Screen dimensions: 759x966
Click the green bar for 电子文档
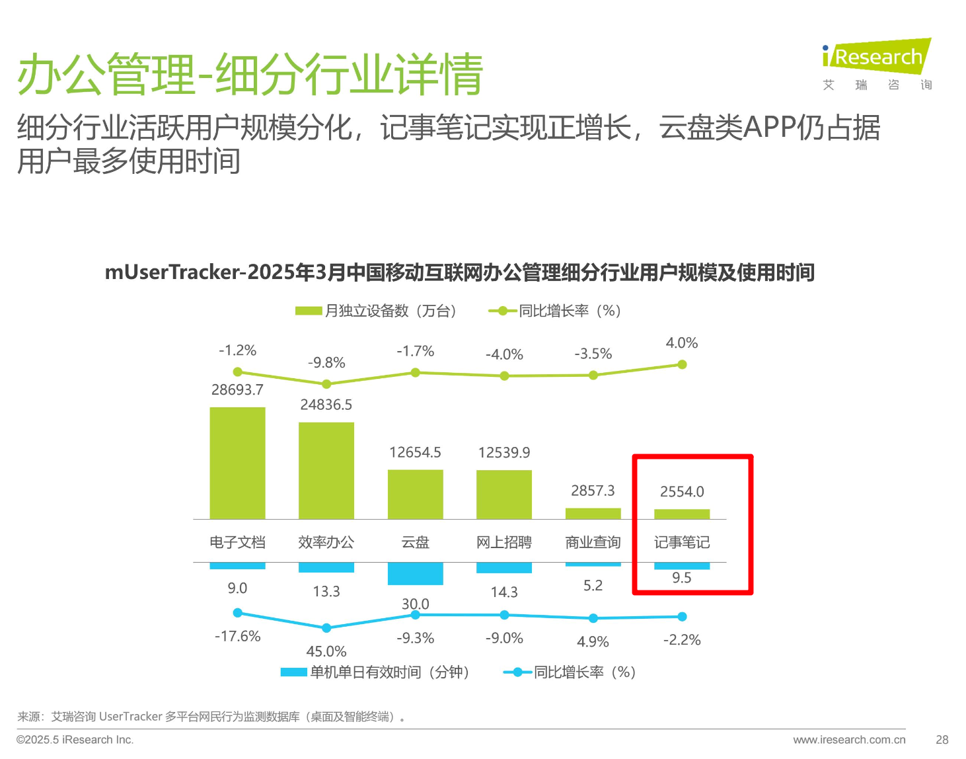tap(237, 463)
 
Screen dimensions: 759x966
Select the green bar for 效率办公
tap(326, 470)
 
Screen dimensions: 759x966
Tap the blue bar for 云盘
tap(415, 573)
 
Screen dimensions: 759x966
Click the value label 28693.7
tap(237, 390)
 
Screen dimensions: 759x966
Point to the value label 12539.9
tap(504, 452)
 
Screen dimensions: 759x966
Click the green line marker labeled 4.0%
tap(682, 364)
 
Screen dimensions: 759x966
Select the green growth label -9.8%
tap(326, 362)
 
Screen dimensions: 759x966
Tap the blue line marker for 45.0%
tap(326, 627)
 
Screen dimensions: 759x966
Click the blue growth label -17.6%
tap(237, 636)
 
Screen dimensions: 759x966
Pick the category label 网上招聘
tap(504, 542)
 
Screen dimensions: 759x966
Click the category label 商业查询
tap(593, 542)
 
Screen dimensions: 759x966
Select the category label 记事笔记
tap(682, 542)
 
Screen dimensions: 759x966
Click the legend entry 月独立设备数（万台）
tap(376, 311)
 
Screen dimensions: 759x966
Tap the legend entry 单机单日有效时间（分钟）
tap(375, 672)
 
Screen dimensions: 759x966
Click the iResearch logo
tap(877, 57)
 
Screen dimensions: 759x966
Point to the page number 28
tap(942, 740)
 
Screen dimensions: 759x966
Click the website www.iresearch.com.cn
tap(849, 740)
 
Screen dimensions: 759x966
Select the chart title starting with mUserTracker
tap(460, 272)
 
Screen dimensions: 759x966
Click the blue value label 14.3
tap(504, 592)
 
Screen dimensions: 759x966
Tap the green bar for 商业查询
tap(593, 513)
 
